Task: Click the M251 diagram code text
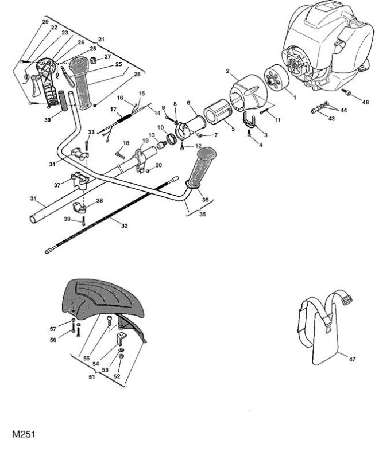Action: (x=24, y=434)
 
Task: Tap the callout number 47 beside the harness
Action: (x=353, y=359)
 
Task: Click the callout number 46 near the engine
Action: (x=365, y=102)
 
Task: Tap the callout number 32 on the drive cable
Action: (x=125, y=225)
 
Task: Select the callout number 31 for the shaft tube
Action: (x=33, y=199)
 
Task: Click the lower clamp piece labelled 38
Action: (x=79, y=208)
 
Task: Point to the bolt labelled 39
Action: (x=84, y=221)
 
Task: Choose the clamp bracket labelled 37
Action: (x=79, y=181)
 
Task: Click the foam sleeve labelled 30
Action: (x=64, y=101)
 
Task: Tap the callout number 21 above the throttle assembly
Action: (x=102, y=39)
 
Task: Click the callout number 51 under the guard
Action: (x=92, y=377)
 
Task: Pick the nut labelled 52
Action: (x=122, y=356)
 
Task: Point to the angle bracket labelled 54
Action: (x=121, y=339)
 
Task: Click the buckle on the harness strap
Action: (x=348, y=299)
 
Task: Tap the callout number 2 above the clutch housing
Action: (x=227, y=71)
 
